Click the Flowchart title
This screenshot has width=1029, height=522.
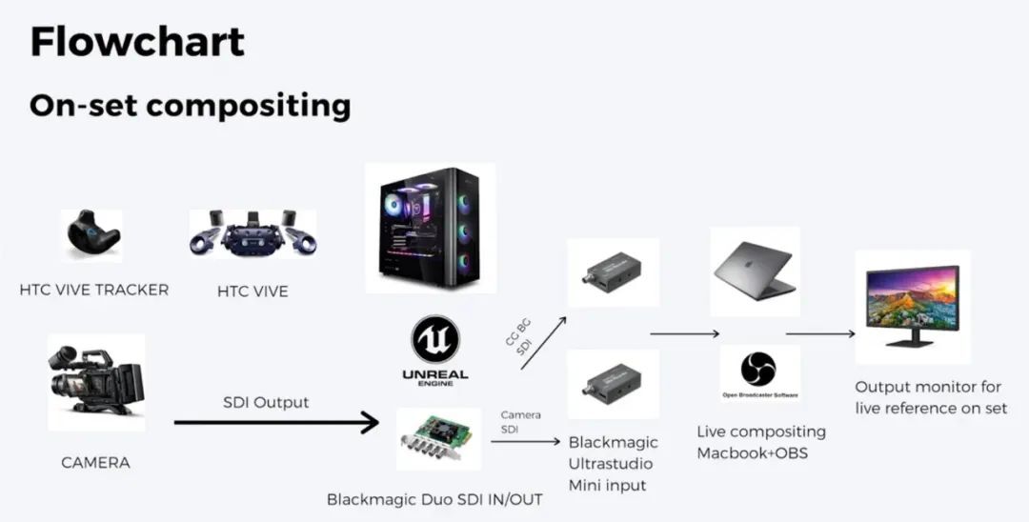coord(137,42)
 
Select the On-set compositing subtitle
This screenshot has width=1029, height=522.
coord(190,105)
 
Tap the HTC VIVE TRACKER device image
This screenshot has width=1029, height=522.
coord(92,234)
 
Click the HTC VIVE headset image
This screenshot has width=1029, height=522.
coord(252,233)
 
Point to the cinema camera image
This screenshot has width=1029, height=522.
coord(96,382)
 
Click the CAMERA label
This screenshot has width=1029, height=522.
coord(95,463)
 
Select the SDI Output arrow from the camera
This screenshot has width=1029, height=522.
coord(276,421)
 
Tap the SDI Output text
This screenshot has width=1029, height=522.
coord(267,402)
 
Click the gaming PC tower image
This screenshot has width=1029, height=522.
coord(430,228)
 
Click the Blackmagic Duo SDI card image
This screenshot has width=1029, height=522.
coord(438,439)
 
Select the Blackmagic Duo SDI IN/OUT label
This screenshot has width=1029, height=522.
coord(435,498)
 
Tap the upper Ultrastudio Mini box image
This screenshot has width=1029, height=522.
coord(613,272)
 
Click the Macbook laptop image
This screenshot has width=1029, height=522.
coord(755,271)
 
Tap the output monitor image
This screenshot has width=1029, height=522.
coord(913,306)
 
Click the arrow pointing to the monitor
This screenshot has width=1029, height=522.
coord(819,334)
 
